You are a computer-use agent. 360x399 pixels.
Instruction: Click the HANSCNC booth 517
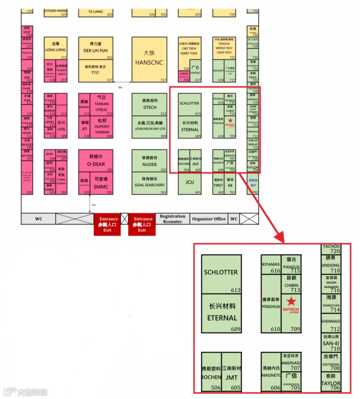pyautogui.click(x=150, y=59)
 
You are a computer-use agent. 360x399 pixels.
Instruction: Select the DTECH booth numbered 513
pyautogui.click(x=150, y=104)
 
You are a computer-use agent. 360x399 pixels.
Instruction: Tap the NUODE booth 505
pyautogui.click(x=150, y=160)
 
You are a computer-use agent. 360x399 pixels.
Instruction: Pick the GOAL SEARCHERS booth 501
pyautogui.click(x=150, y=184)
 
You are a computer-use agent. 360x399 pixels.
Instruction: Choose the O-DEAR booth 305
pyautogui.click(x=96, y=161)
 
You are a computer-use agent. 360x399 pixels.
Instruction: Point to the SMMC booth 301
pyautogui.click(x=101, y=184)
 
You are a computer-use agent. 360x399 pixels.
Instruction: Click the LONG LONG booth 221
pyautogui.click(x=56, y=48)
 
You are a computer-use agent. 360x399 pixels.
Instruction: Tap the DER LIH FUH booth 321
pyautogui.click(x=96, y=48)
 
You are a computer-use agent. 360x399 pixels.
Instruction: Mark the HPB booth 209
pyautogui.click(x=61, y=127)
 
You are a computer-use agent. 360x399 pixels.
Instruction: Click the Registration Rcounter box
pyautogui.click(x=172, y=219)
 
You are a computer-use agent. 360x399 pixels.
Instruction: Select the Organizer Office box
pyautogui.click(x=209, y=219)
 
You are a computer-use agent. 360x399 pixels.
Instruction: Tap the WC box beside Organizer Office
pyautogui.click(x=234, y=219)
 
